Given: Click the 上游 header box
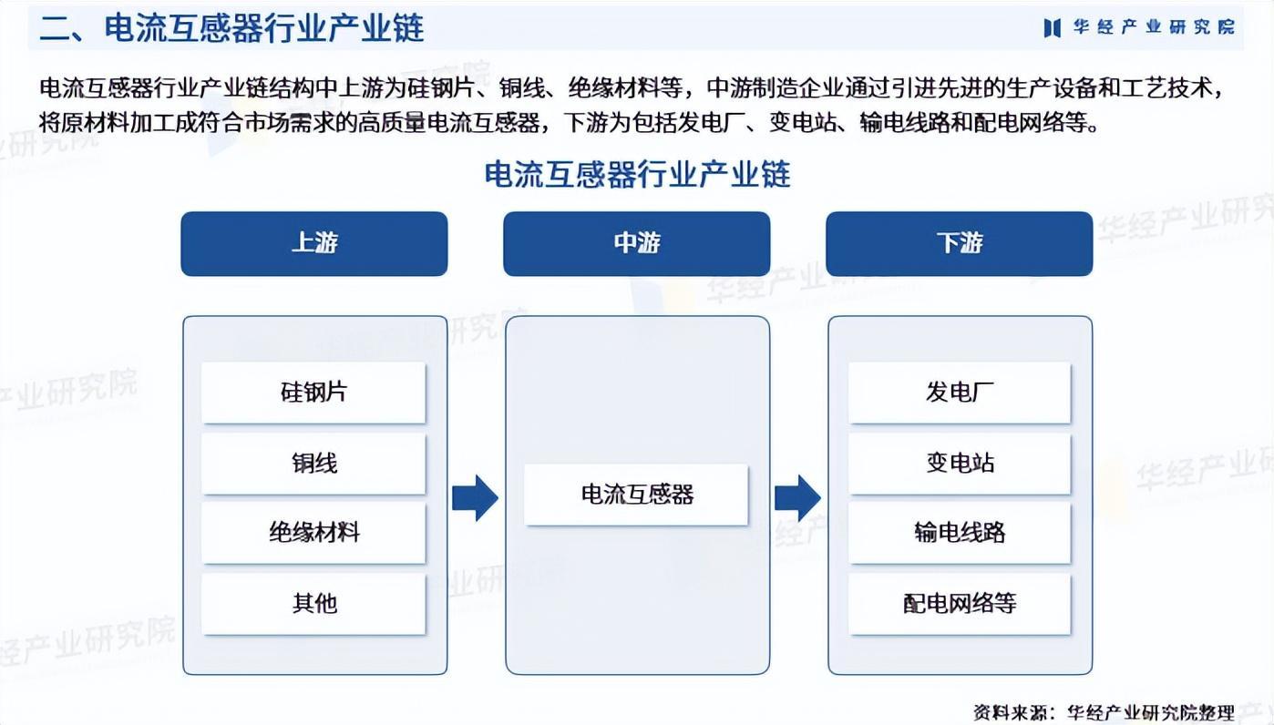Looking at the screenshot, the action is [x=313, y=243].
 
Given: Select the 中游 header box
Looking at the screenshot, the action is [x=636, y=243].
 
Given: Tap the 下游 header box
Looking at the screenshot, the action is [x=959, y=243].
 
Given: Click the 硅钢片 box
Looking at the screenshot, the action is [x=313, y=393].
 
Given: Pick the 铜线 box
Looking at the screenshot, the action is [x=313, y=463].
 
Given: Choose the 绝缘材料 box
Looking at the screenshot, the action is [x=313, y=533].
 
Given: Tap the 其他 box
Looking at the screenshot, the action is [x=313, y=603].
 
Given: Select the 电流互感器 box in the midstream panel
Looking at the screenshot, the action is [x=636, y=495].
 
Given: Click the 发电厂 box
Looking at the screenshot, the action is [x=959, y=393].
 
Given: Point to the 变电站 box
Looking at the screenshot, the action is [x=959, y=463].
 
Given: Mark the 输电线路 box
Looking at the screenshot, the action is [x=959, y=533].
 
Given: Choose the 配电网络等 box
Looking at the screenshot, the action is [x=959, y=603].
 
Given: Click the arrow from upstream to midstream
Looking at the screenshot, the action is [x=475, y=497].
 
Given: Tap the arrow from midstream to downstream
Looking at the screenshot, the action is [x=797, y=497].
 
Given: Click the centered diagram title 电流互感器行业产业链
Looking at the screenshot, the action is [x=637, y=173].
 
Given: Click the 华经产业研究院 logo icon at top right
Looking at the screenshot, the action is [x=1053, y=27].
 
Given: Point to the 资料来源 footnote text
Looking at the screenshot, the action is [x=1103, y=711].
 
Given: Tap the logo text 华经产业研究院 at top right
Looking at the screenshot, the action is [x=1154, y=27].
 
